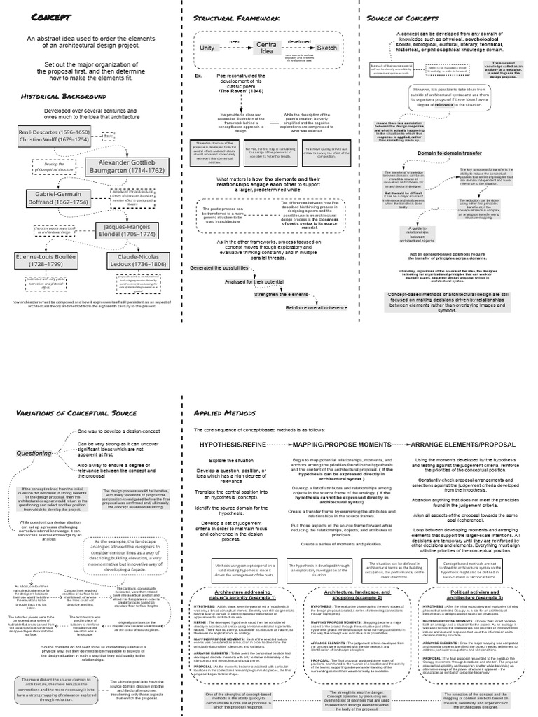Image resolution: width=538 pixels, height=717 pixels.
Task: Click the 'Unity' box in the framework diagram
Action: coord(208,48)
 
